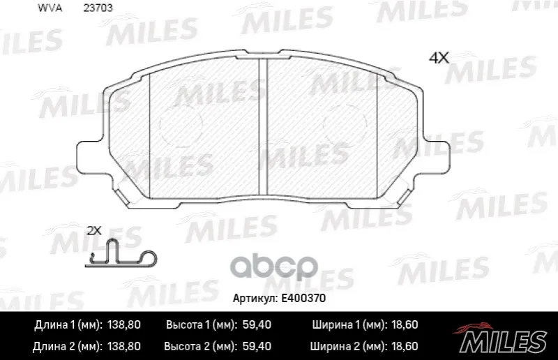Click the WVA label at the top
[50, 8]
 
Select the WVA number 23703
[98, 8]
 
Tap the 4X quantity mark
[439, 58]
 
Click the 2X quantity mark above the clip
[94, 231]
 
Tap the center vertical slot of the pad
[263, 127]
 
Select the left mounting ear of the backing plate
[90, 158]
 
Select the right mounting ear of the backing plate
[437, 158]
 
